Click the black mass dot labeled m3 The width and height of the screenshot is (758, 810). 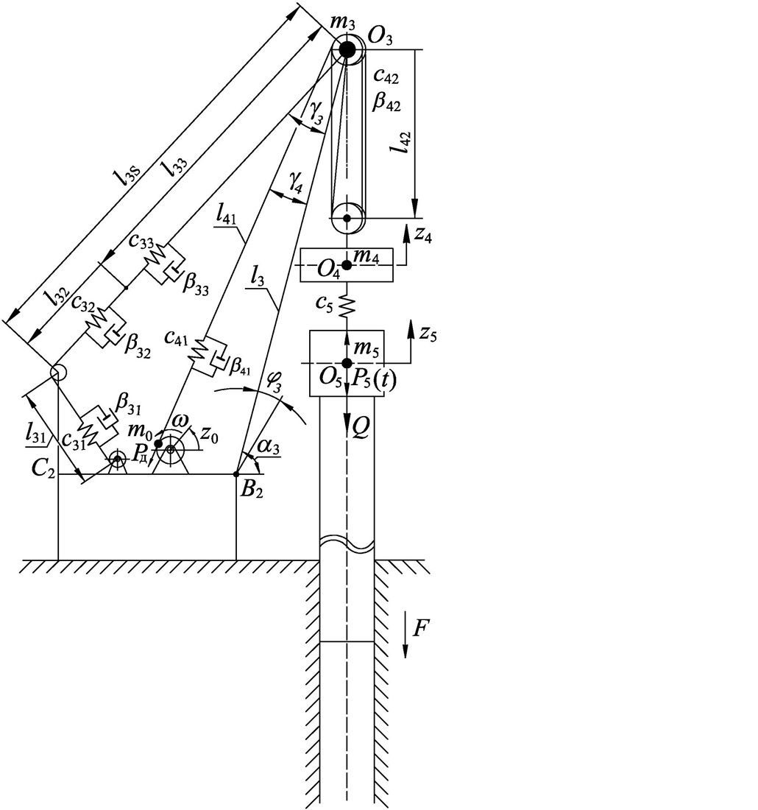click(x=347, y=50)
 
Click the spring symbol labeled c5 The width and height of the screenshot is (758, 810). click(x=347, y=304)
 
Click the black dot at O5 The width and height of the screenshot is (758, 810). click(x=347, y=362)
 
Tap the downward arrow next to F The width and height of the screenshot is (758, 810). click(x=405, y=639)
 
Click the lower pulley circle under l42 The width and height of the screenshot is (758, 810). click(x=347, y=218)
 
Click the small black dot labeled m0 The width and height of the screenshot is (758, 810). click(x=157, y=443)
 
